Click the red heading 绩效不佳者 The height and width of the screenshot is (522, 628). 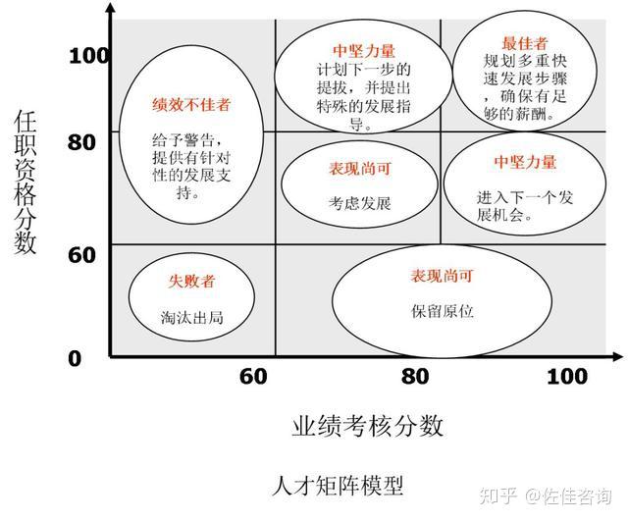pos(191,105)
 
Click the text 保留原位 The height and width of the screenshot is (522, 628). pos(442,311)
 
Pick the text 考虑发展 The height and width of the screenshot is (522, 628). pos(360,204)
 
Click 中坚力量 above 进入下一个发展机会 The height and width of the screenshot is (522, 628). pos(525,162)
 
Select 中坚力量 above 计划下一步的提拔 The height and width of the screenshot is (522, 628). pos(357,50)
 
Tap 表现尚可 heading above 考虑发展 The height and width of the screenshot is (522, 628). pos(360,169)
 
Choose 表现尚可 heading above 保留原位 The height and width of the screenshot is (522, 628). pos(442,277)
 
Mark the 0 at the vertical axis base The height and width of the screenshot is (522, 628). pos(75,358)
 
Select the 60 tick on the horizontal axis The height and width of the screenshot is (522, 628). pos(254,377)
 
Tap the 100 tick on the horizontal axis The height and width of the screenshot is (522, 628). pos(566,377)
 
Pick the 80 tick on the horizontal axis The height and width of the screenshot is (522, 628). pos(416,377)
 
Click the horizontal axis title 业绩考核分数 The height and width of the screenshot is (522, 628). pos(368,426)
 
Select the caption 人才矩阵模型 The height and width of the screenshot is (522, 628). pos(337,485)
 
